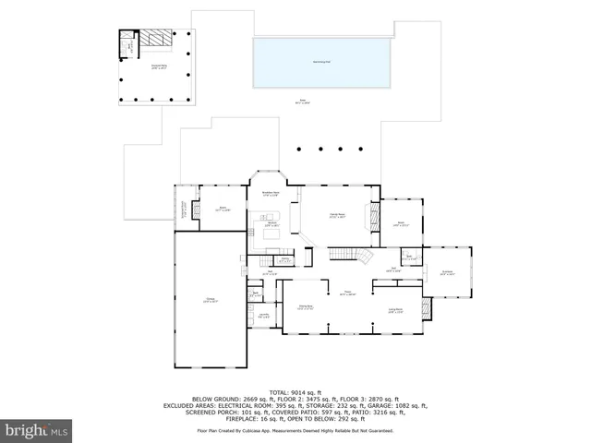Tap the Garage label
tap(211, 300)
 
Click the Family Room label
tap(338, 216)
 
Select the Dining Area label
tap(306, 306)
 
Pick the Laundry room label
tap(264, 317)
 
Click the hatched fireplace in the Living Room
tap(426, 308)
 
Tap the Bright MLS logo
tap(37, 430)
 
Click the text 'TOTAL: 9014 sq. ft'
tap(295, 390)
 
